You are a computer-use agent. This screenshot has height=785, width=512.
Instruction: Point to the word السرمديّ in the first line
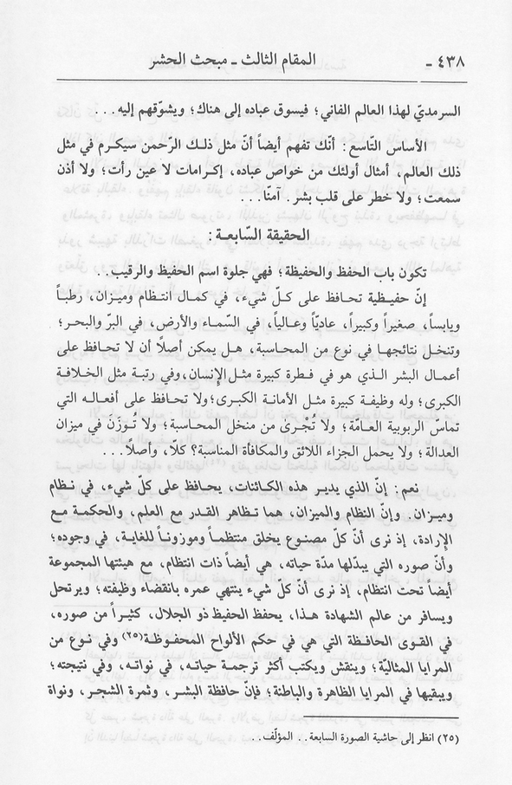click(450, 111)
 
